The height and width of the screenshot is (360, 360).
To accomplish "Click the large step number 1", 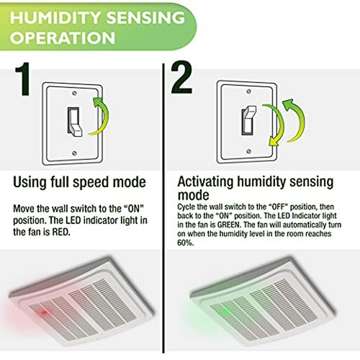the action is pyautogui.click(x=22, y=79).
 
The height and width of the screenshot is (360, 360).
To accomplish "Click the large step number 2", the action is pyautogui.click(x=181, y=77).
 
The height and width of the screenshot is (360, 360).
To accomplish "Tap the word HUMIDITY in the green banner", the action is pyautogui.click(x=55, y=18).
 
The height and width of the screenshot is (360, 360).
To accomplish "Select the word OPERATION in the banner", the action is pyautogui.click(x=63, y=38).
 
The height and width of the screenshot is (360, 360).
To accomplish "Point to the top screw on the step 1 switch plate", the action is pyautogui.click(x=74, y=93).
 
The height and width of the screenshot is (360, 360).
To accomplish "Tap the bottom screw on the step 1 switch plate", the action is pyautogui.click(x=74, y=153).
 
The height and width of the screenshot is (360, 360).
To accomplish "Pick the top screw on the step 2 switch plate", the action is pyautogui.click(x=249, y=91).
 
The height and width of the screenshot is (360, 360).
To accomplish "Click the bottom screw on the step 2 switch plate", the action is pyautogui.click(x=249, y=151).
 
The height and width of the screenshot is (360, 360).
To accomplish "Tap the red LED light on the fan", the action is pyautogui.click(x=44, y=312).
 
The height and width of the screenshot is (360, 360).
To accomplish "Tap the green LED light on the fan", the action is pyautogui.click(x=225, y=311).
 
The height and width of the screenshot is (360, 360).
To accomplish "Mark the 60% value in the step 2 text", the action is pyautogui.click(x=185, y=243).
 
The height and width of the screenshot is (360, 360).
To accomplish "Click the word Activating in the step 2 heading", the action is pyautogui.click(x=205, y=183).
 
